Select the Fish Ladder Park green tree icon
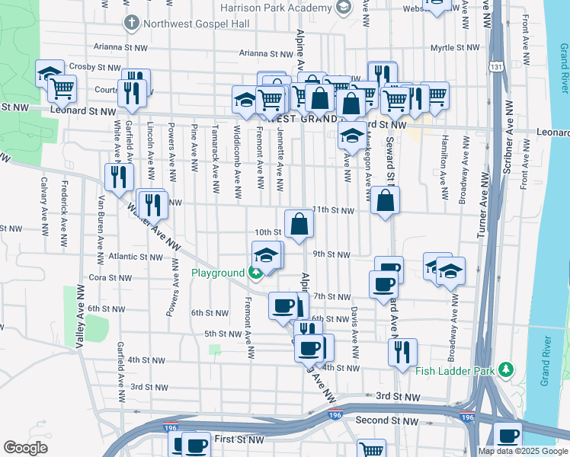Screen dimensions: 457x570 505,371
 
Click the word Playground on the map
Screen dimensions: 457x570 216,273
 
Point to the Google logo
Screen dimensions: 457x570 26,447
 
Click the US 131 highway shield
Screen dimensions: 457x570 497,67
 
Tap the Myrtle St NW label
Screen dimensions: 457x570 454,47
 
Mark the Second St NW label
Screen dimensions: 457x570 387,420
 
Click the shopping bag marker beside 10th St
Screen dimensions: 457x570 300,224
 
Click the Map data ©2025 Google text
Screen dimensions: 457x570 522,451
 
